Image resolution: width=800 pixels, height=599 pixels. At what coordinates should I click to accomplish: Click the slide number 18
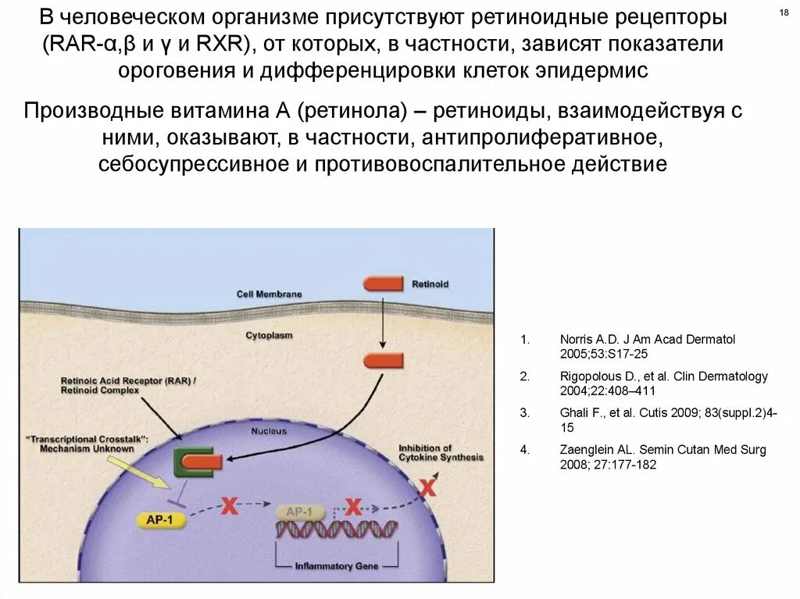pyautogui.click(x=784, y=13)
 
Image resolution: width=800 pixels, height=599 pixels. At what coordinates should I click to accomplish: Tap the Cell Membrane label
pyautogui.click(x=269, y=294)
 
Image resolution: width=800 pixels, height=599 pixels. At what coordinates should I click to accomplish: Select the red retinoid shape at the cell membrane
pyautogui.click(x=384, y=284)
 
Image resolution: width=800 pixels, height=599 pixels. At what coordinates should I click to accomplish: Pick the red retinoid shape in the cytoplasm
pyautogui.click(x=384, y=361)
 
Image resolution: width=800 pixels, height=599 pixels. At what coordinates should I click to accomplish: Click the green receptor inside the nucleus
pyautogui.click(x=187, y=462)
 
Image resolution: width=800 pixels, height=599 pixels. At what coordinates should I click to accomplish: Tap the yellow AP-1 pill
pyautogui.click(x=160, y=519)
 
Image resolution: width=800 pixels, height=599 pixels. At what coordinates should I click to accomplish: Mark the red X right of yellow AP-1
pyautogui.click(x=229, y=506)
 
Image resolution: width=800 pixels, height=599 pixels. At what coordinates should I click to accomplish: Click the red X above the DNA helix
pyautogui.click(x=354, y=507)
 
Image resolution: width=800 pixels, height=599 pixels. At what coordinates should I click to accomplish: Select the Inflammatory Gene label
pyautogui.click(x=337, y=565)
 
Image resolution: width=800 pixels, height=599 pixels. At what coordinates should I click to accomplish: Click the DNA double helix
pyautogui.click(x=336, y=529)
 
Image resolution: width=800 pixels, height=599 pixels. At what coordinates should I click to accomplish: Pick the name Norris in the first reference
pyautogui.click(x=577, y=340)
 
